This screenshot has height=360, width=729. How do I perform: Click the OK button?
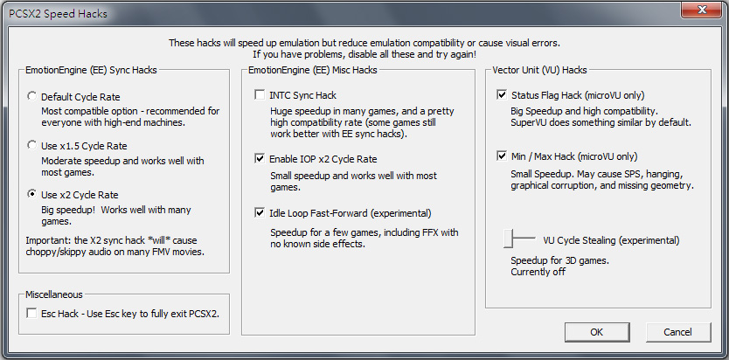pyautogui.click(x=596, y=332)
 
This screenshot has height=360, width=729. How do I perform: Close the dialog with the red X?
pyautogui.click(x=702, y=10)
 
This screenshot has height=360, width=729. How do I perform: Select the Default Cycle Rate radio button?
pyautogui.click(x=31, y=97)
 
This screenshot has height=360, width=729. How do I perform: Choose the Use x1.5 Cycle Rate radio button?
pyautogui.click(x=31, y=145)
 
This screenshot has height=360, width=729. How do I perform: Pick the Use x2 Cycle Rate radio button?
pyautogui.click(x=31, y=194)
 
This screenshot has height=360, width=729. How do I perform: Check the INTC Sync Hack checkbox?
pyautogui.click(x=260, y=95)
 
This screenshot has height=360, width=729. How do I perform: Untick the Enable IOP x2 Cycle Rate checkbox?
pyautogui.click(x=260, y=159)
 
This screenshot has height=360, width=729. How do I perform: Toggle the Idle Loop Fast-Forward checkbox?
pyautogui.click(x=260, y=213)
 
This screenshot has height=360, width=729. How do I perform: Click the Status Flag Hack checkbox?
pyautogui.click(x=502, y=95)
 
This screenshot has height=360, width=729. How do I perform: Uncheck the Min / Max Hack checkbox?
pyautogui.click(x=502, y=156)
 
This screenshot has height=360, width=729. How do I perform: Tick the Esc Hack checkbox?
pyautogui.click(x=31, y=314)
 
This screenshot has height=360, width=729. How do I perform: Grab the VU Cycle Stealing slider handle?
pyautogui.click(x=508, y=239)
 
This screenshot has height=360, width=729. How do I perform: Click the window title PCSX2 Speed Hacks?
pyautogui.click(x=58, y=14)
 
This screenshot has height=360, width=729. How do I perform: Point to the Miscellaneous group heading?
pyautogui.click(x=54, y=294)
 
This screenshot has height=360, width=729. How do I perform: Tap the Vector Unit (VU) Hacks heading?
pyautogui.click(x=540, y=70)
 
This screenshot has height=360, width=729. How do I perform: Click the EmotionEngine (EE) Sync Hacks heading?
pyautogui.click(x=91, y=70)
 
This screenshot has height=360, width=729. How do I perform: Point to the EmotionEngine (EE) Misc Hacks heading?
pyautogui.click(x=313, y=70)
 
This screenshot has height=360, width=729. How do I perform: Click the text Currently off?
pyautogui.click(x=538, y=273)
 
